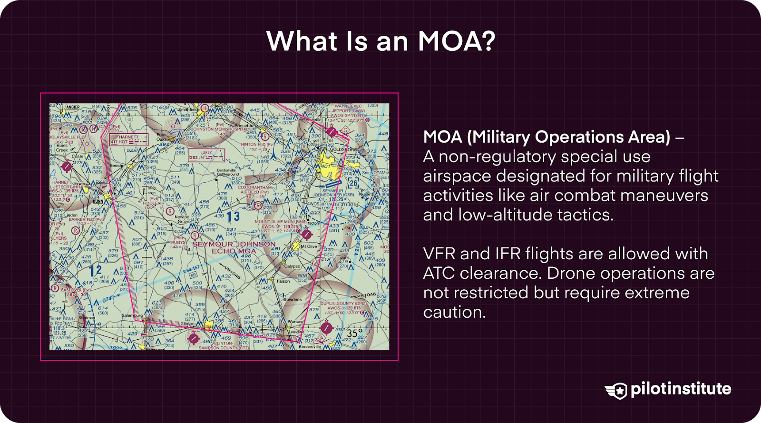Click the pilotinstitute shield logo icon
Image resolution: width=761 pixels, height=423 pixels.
pos(617,390)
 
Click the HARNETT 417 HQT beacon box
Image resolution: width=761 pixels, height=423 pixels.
pos(128,139)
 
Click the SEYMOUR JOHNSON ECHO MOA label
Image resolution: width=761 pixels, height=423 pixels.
pos(234,247)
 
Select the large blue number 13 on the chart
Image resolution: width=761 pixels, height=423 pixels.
pos(233,217)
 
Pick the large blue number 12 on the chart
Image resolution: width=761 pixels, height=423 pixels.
pos(95,271)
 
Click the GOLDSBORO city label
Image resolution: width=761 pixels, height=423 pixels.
pos(343,149)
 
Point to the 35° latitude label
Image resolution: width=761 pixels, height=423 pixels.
pos(354,333)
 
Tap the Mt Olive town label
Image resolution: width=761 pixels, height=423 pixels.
pos(308,246)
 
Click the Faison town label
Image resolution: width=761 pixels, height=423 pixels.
pos(283,281)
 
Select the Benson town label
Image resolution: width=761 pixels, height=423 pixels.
pos(117,166)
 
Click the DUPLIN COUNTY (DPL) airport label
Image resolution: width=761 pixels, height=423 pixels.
pos(342,303)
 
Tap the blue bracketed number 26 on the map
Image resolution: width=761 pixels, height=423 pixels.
pos(353,183)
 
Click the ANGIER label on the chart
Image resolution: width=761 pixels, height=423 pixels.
pos(73,107)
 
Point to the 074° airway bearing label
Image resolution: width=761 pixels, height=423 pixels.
pos(108,299)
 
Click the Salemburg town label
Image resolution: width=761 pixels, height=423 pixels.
pos(132,315)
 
